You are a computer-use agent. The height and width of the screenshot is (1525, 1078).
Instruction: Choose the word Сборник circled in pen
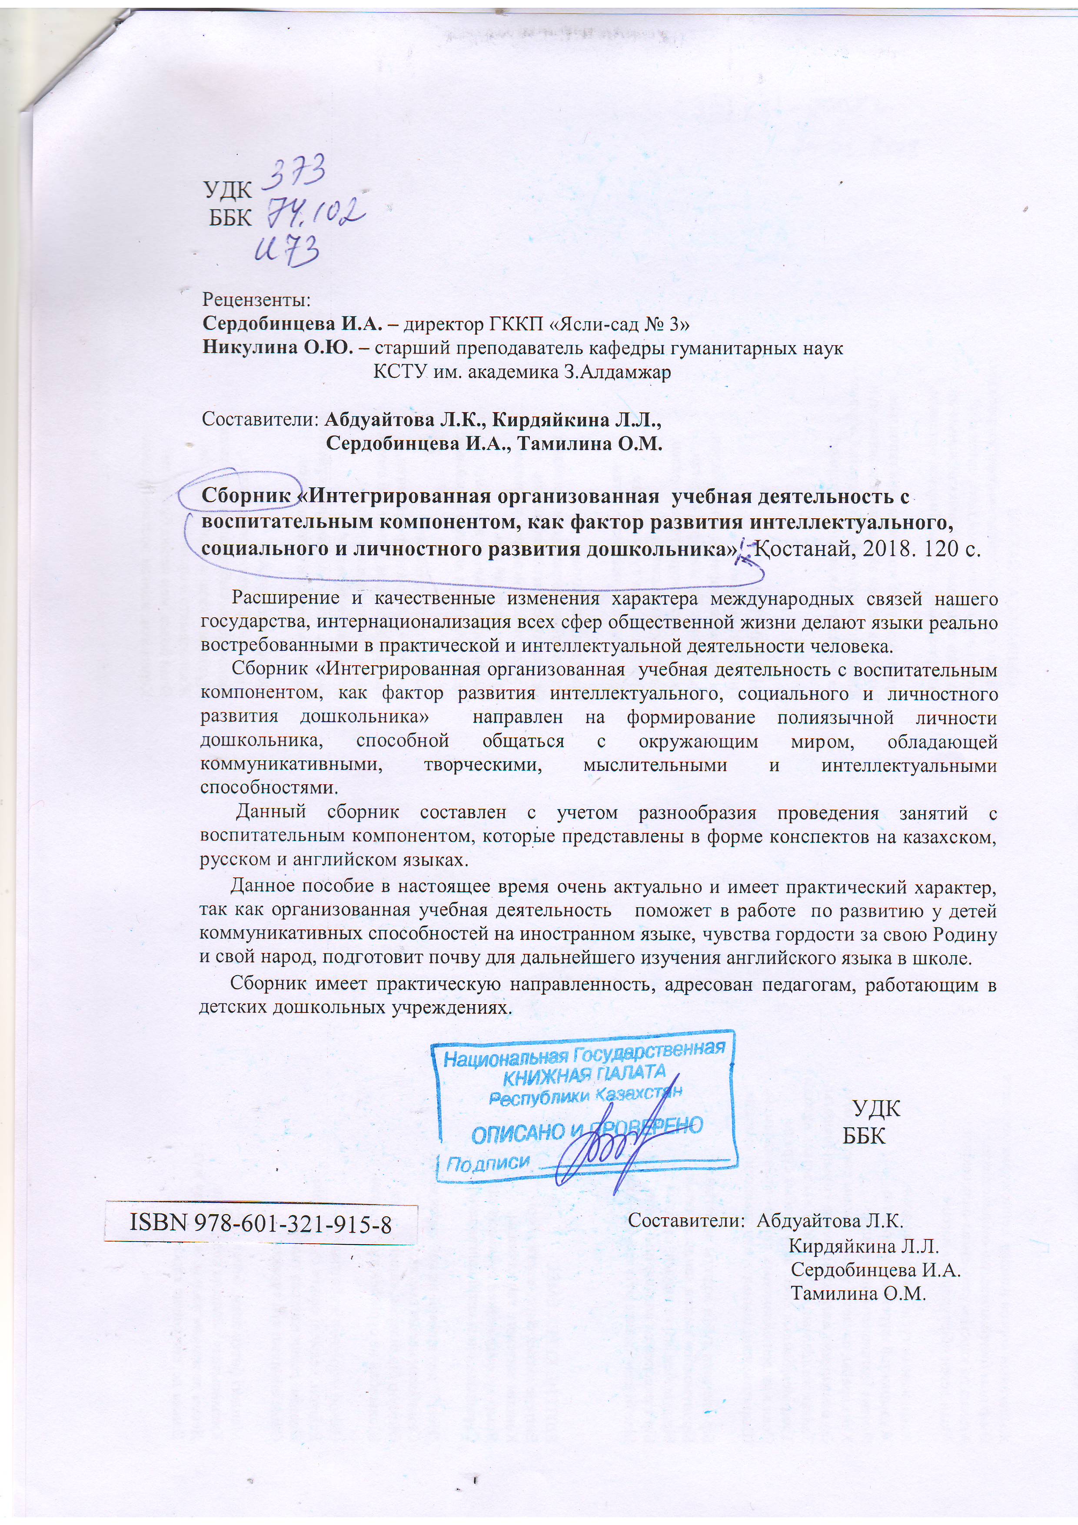point(246,496)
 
